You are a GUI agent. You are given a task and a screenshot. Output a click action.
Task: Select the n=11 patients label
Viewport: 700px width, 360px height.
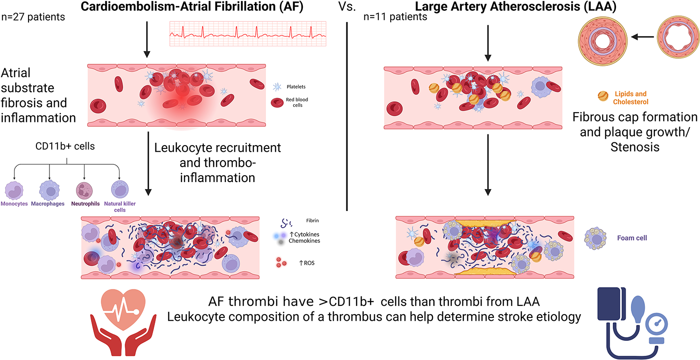point(395,18)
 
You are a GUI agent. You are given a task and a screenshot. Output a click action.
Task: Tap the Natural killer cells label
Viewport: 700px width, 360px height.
point(120,207)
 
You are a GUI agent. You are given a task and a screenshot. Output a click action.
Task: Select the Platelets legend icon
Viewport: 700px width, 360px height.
point(276,86)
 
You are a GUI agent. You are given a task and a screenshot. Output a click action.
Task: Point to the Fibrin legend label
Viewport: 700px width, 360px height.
point(313,220)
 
